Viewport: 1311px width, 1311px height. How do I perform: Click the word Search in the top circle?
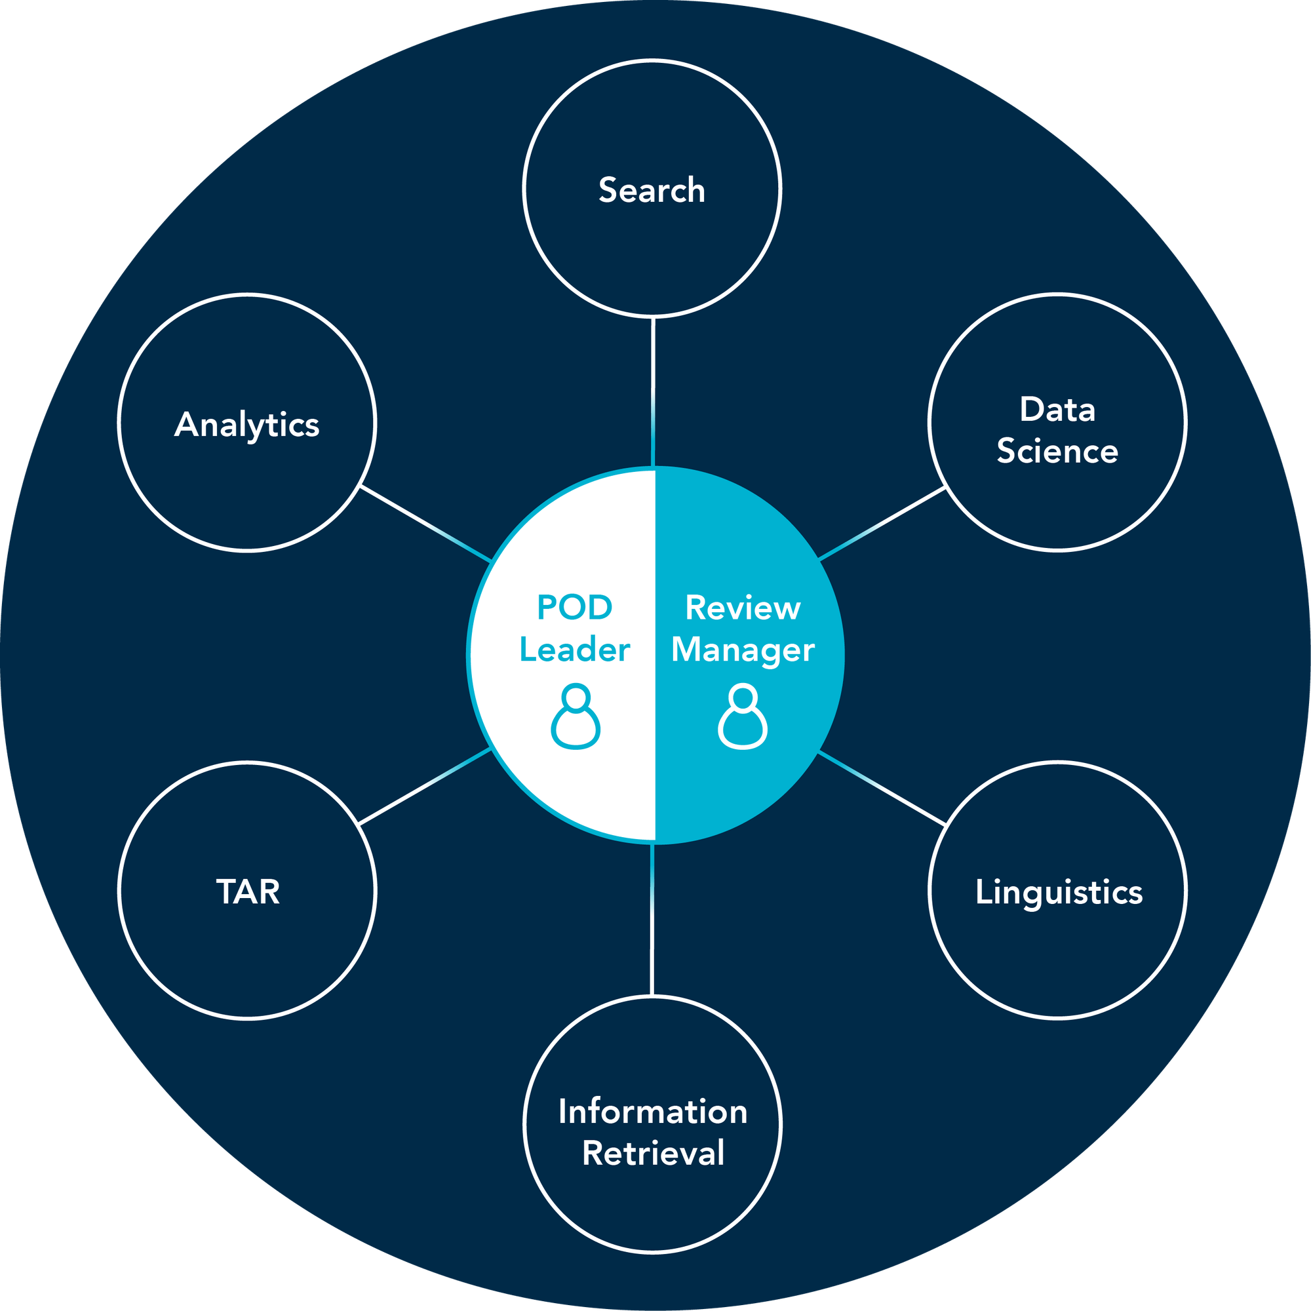pyautogui.click(x=652, y=190)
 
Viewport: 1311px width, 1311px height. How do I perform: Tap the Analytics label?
pyautogui.click(x=247, y=425)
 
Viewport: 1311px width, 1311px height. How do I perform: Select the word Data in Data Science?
pyautogui.click(x=1057, y=410)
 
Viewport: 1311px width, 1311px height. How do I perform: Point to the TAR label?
pyautogui.click(x=248, y=891)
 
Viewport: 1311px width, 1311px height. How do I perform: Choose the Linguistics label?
pyautogui.click(x=1059, y=891)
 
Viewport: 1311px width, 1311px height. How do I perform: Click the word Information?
pyautogui.click(x=653, y=1112)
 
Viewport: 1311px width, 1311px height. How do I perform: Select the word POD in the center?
pyautogui.click(x=574, y=608)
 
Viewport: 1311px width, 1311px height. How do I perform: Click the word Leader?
pyautogui.click(x=575, y=650)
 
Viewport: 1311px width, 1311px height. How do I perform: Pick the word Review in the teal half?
pyautogui.click(x=743, y=608)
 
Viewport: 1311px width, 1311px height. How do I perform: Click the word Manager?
pyautogui.click(x=743, y=650)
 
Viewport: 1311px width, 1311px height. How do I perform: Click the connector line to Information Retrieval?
pyautogui.click(x=652, y=920)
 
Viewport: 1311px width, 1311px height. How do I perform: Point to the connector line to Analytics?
pyautogui.click(x=426, y=523)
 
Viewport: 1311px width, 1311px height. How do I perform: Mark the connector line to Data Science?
pyautogui.click(x=882, y=523)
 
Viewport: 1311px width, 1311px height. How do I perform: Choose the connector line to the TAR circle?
pyautogui.click(x=425, y=787)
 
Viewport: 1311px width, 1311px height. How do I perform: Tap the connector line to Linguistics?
pyautogui.click(x=882, y=789)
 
